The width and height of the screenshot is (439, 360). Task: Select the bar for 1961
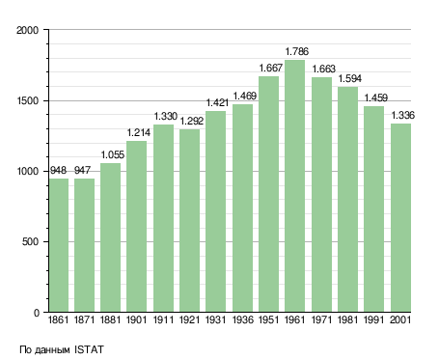coord(294,186)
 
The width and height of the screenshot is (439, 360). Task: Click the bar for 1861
coord(59,245)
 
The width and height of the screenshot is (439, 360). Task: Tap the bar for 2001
coord(401,218)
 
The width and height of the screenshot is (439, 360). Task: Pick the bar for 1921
coord(189,221)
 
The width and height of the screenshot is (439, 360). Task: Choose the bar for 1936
coord(242,208)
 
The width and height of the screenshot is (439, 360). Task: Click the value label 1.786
coord(297,51)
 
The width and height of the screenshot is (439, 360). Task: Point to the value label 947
coord(83,170)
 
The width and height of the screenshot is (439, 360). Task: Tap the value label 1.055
coord(113,155)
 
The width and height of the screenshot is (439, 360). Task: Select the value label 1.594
coord(350,78)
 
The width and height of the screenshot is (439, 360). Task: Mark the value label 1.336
coord(403,115)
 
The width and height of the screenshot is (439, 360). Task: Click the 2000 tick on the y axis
coord(28,30)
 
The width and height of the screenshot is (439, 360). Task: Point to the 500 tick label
coord(31,242)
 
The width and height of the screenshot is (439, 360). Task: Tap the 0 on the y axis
coord(37,313)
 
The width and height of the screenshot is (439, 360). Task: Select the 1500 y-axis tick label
coord(28,100)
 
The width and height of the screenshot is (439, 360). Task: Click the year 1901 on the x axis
coord(136,320)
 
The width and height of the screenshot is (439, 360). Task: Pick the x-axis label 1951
coord(268,320)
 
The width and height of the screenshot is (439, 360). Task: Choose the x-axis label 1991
coord(374,320)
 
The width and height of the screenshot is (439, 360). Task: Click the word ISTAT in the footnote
coord(89,349)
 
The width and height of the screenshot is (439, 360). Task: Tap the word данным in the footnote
coord(51,350)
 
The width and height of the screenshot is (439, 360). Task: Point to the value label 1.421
coord(217,103)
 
